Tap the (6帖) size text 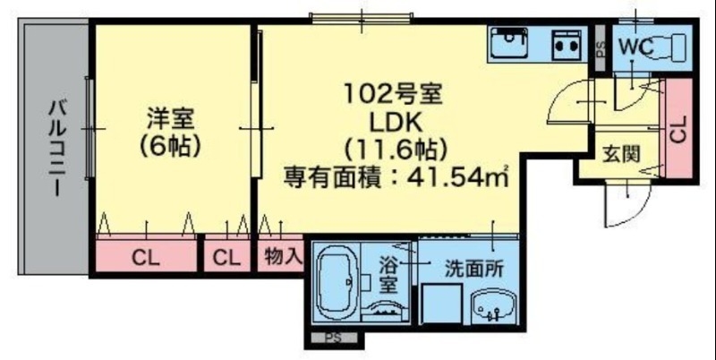170,145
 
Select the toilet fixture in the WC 669,45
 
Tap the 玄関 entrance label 620,153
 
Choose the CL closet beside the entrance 678,130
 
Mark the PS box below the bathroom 333,339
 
